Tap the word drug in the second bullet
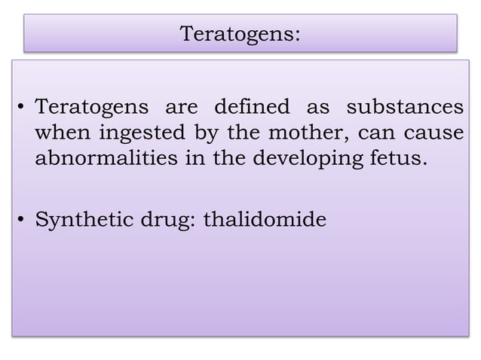pos(163,221)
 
